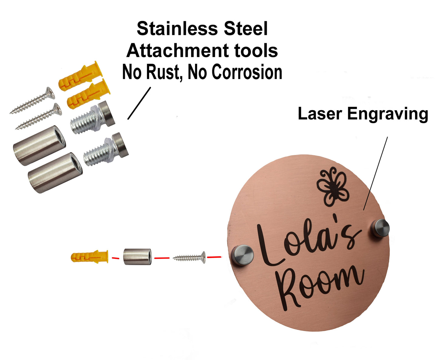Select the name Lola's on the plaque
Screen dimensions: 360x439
pyautogui.click(x=307, y=243)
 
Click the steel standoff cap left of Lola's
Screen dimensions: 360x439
pyautogui.click(x=243, y=255)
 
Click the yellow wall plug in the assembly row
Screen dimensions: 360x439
pyautogui.click(x=89, y=257)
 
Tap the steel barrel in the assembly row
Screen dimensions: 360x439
pyautogui.click(x=137, y=257)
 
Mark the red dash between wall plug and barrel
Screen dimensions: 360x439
pyautogui.click(x=115, y=258)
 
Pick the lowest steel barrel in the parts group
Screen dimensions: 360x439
pyautogui.click(x=55, y=172)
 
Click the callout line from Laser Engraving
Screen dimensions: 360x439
pyautogui.click(x=376, y=173)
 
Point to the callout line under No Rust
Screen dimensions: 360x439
pyautogui.click(x=139, y=103)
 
